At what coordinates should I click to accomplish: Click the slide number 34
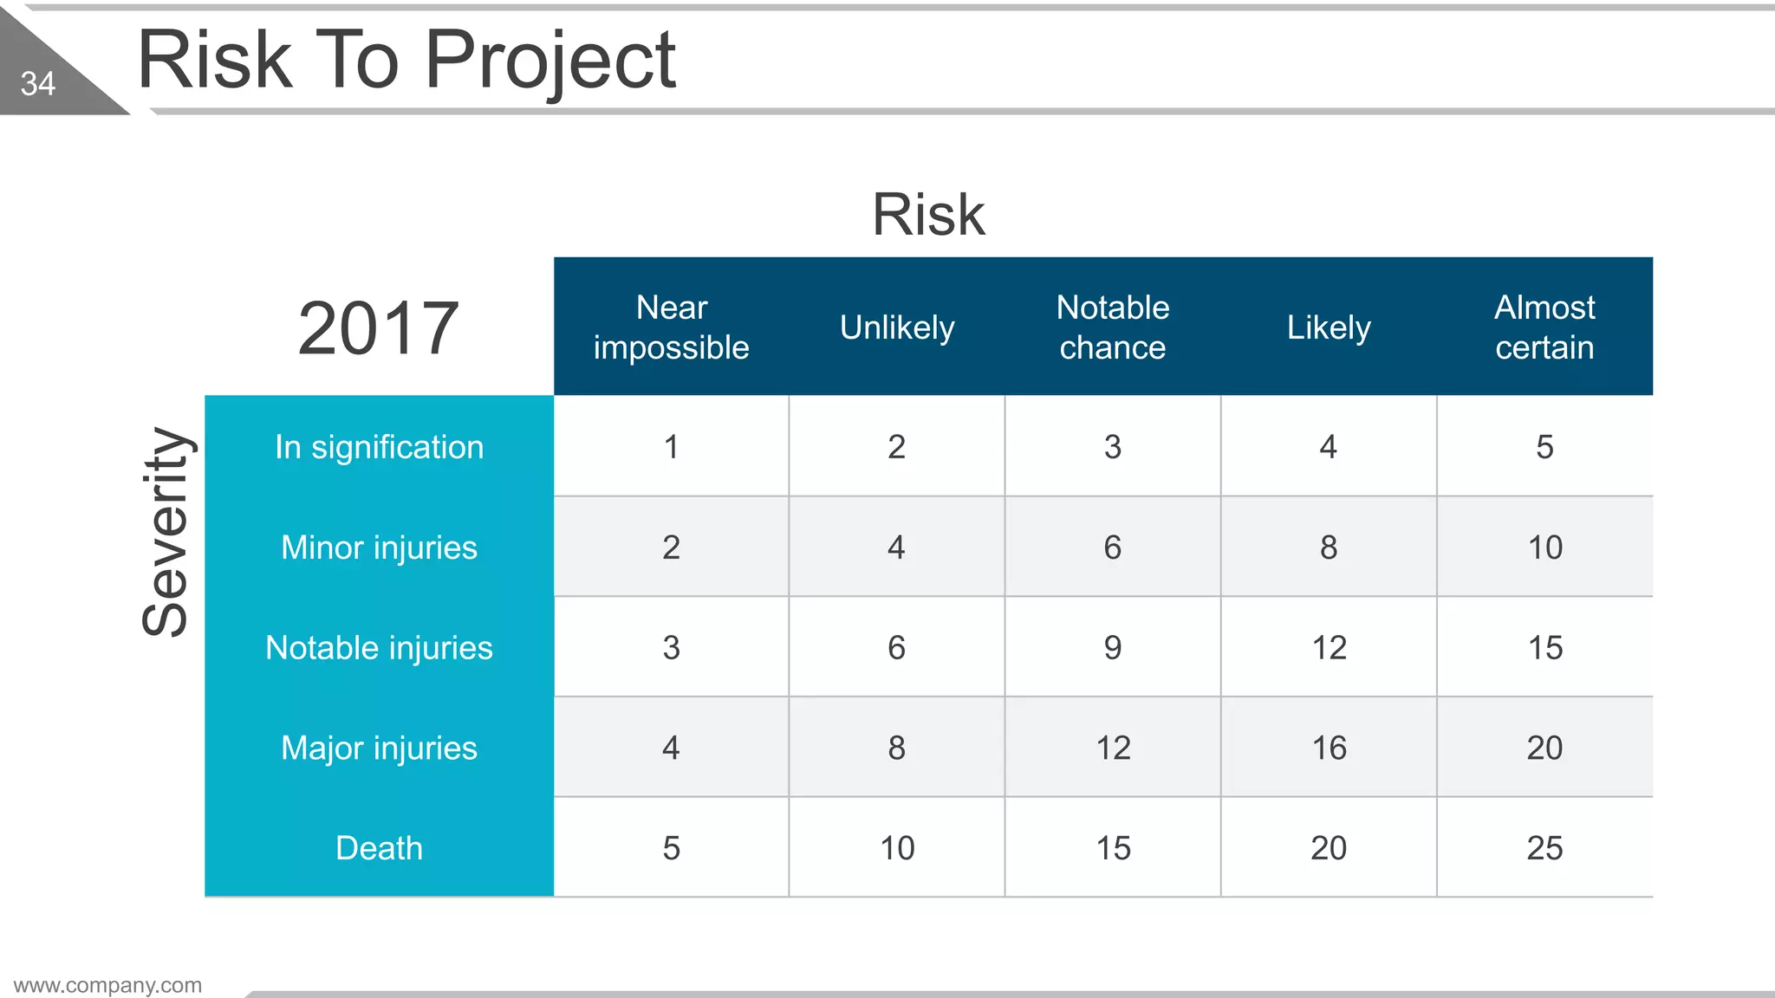point(38,84)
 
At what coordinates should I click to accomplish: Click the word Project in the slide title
point(550,61)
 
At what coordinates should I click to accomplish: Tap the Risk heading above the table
point(928,214)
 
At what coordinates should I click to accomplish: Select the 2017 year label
point(378,328)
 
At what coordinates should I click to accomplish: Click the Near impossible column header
point(671,327)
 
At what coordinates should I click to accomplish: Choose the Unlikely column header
point(897,327)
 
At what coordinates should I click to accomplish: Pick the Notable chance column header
point(1113,327)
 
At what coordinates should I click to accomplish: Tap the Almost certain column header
point(1544,327)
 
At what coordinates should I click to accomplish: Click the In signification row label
point(379,447)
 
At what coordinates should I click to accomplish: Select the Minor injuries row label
point(379,548)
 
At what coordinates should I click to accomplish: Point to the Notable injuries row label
point(379,648)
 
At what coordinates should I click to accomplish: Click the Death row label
point(379,848)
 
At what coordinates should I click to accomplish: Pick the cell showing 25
point(1544,848)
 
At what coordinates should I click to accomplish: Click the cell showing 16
point(1329,748)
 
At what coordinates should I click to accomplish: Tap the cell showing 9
point(1113,648)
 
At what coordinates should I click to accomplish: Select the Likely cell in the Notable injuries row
point(1329,648)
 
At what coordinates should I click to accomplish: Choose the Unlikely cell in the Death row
point(897,848)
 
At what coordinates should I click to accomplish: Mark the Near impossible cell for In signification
point(671,447)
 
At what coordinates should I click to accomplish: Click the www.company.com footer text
point(107,985)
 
